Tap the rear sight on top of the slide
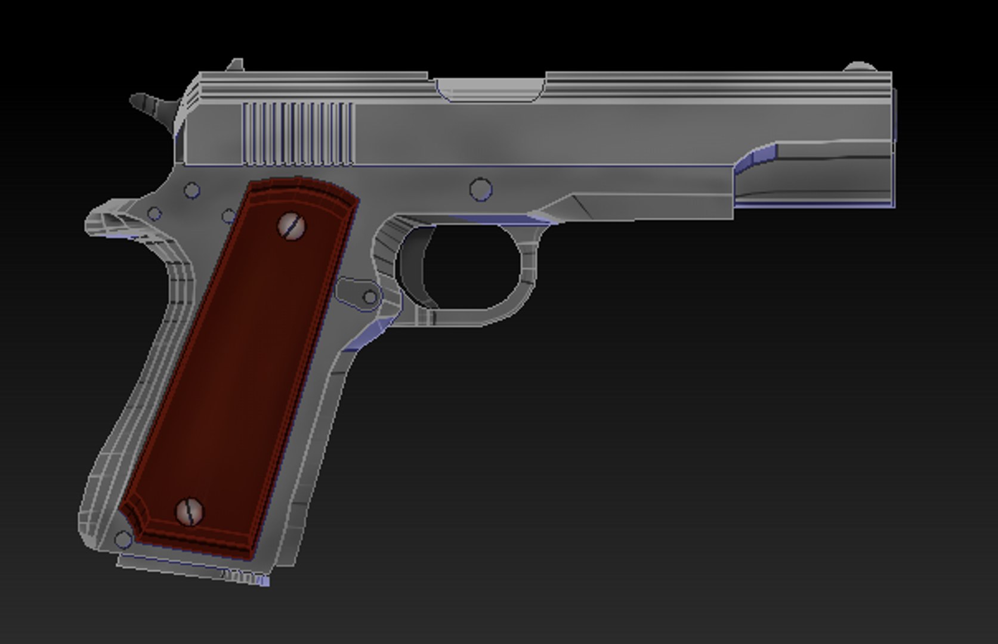pyautogui.click(x=236, y=64)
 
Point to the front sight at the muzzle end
pyautogui.click(x=859, y=66)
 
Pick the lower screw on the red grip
pyautogui.click(x=190, y=512)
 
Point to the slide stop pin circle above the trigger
pyautogui.click(x=481, y=190)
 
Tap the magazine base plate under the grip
pyautogui.click(x=191, y=569)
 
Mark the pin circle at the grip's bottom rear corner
pyautogui.click(x=123, y=540)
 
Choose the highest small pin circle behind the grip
pyautogui.click(x=191, y=191)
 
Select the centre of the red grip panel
pyautogui.click(x=239, y=370)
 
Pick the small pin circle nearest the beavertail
pyautogui.click(x=155, y=213)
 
